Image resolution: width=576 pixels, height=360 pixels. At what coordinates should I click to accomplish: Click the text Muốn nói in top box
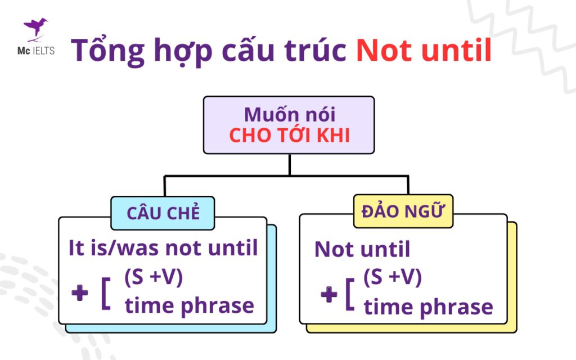click(289, 115)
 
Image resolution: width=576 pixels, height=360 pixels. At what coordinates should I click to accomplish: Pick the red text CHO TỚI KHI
click(289, 136)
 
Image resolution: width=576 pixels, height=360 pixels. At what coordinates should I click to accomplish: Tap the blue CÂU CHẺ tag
click(163, 213)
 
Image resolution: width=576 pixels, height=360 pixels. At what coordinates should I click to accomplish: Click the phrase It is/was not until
click(163, 247)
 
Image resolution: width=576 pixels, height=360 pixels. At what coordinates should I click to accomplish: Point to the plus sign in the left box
click(80, 293)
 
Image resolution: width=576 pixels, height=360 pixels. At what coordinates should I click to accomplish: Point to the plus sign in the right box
click(328, 295)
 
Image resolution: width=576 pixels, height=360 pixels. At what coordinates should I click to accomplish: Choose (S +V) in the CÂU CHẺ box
click(153, 278)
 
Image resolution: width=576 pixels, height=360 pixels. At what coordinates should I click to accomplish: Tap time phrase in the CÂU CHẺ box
click(189, 307)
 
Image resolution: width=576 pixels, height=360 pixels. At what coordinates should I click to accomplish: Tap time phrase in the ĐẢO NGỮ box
click(428, 308)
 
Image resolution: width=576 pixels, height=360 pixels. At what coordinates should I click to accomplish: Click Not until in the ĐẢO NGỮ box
click(362, 249)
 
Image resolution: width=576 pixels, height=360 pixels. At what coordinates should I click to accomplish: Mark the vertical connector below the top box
click(289, 164)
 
